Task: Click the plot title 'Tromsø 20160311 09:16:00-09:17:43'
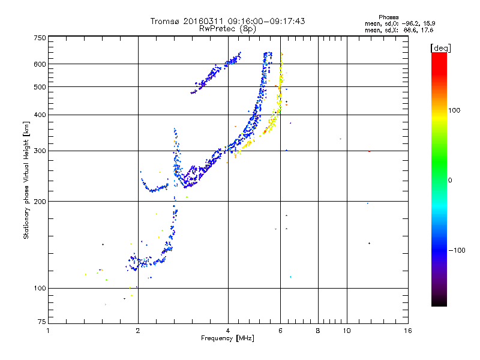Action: [227, 21]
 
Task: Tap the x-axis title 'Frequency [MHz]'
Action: [227, 339]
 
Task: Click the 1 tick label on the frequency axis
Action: [48, 331]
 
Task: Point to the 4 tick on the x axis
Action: [228, 331]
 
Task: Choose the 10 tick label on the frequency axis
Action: [346, 331]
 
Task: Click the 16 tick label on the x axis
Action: [407, 331]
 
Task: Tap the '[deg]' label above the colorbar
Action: [440, 47]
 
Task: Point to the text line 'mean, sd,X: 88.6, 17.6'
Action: [398, 29]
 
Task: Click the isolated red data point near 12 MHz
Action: [369, 151]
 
